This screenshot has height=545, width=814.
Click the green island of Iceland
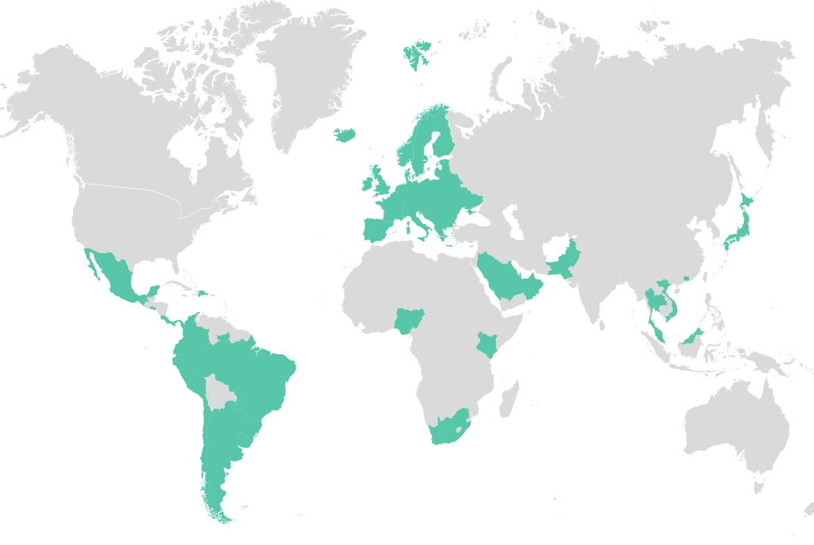pos(345,134)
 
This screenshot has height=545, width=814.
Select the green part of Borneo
pos(691,338)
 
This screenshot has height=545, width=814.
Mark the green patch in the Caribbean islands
pos(203,295)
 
